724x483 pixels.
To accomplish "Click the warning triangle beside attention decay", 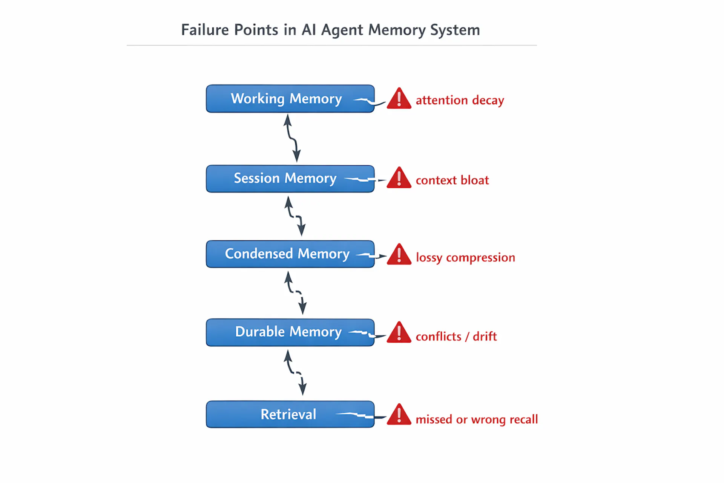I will coord(399,99).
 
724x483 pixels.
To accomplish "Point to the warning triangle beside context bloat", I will coord(399,178).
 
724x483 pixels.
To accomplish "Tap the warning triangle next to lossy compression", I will coord(399,255).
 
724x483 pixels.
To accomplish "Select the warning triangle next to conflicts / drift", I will coord(399,333).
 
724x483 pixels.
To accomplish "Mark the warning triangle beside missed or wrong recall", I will coord(399,415).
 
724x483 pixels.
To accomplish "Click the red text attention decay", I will coord(460,100).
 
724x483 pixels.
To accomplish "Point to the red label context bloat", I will coord(452,180).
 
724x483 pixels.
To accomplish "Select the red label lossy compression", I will coord(465,258).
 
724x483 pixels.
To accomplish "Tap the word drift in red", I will coord(485,336).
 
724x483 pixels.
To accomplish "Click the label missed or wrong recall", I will coord(477,420).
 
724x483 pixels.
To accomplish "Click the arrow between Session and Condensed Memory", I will coord(295,216).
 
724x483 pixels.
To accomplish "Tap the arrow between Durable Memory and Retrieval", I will coord(295,372).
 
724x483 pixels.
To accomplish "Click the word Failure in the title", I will coord(205,30).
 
